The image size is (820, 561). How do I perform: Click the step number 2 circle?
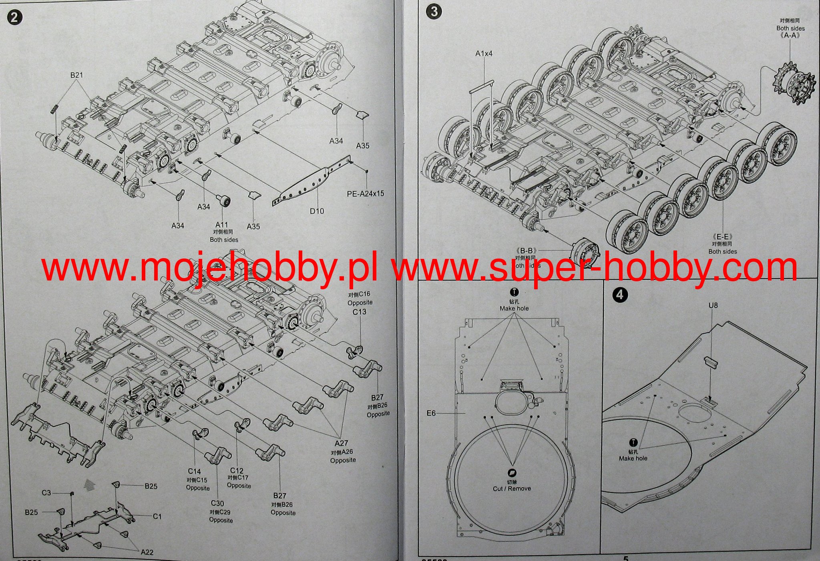[x=15, y=18]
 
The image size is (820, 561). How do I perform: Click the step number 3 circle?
[x=434, y=12]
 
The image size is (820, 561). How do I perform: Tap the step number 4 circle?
[x=620, y=295]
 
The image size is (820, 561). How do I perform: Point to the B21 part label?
[x=76, y=75]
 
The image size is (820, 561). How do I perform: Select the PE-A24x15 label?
[x=365, y=194]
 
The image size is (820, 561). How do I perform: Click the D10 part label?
[x=317, y=211]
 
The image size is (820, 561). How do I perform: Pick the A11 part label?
[x=221, y=225]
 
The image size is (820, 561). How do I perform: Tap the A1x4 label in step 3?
[x=484, y=53]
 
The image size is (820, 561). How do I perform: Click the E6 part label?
[x=431, y=413]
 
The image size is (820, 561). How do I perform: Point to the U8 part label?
[x=713, y=305]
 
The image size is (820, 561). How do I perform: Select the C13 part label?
[x=359, y=312]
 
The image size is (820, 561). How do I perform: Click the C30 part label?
[x=217, y=503]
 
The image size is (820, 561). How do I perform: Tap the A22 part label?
[x=147, y=552]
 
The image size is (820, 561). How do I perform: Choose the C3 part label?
[x=46, y=493]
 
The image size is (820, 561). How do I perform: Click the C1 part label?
[x=157, y=517]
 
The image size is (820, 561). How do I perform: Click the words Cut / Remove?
[x=512, y=489]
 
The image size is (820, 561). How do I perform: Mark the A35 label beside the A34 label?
[x=362, y=146]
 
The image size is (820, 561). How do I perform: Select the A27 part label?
[x=341, y=443]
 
